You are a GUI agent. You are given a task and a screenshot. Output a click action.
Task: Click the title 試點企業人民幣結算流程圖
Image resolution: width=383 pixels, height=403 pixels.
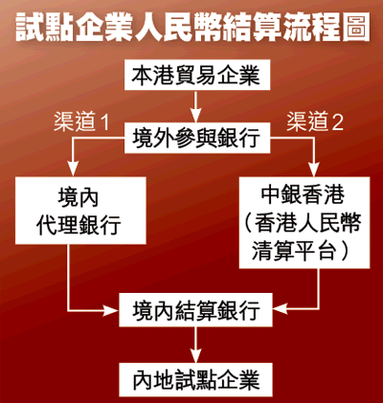point(192,27)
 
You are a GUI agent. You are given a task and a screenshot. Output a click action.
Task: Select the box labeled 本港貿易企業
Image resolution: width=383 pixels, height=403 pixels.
point(197,75)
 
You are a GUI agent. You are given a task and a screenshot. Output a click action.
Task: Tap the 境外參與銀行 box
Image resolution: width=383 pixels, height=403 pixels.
point(197,138)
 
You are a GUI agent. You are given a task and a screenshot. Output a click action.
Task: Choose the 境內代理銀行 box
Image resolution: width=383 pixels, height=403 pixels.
point(80,211)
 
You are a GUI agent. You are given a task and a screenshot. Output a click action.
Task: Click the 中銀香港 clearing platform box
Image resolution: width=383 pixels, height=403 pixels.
point(304,222)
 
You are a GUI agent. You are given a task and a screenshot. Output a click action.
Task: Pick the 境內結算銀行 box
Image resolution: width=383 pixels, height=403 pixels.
point(196,309)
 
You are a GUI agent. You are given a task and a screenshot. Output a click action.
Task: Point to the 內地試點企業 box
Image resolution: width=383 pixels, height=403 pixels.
point(196,380)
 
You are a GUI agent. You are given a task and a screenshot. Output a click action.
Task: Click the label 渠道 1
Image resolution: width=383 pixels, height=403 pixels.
point(81,122)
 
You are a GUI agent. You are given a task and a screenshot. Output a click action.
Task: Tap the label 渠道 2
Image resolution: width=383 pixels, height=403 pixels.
point(315,122)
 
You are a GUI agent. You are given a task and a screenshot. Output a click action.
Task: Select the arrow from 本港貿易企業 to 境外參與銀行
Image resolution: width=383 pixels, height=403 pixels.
point(195,106)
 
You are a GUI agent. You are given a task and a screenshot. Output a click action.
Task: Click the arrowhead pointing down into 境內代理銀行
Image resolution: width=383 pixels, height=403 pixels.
point(74,169)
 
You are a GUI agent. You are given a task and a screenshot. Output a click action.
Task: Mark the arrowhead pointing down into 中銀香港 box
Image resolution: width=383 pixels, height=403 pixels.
point(314,169)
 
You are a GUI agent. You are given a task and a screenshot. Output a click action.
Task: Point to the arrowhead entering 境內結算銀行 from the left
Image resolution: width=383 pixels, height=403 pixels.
point(111,310)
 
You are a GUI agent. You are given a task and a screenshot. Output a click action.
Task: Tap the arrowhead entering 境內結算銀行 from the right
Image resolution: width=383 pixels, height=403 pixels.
point(281,309)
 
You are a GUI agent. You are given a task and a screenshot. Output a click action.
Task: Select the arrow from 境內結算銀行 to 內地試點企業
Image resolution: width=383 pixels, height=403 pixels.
point(196,345)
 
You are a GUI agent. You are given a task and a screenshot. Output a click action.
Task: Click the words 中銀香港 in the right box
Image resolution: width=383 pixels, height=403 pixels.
point(303,195)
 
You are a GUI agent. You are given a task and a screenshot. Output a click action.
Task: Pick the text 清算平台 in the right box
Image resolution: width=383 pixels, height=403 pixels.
point(294,251)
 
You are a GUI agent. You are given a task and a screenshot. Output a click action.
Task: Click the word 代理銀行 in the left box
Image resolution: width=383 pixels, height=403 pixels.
point(79,225)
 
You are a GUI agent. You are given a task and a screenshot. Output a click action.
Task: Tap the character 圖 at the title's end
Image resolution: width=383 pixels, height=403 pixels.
point(356,27)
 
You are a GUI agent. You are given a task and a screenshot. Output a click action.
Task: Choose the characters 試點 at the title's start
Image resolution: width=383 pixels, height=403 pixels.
point(44,27)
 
